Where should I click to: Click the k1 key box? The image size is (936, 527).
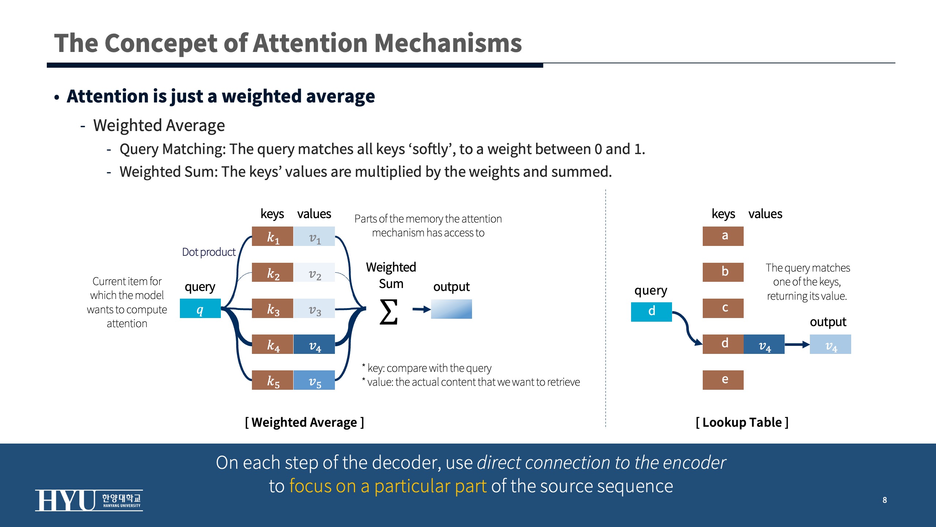272,236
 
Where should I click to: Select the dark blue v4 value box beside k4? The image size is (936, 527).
314,344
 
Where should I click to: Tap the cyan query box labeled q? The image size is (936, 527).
200,309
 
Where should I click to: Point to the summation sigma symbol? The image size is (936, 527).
388,312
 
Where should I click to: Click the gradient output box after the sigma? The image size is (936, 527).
451,309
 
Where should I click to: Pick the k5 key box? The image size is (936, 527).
272,380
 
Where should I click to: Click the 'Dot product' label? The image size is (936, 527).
209,252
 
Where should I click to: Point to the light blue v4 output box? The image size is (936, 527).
830,344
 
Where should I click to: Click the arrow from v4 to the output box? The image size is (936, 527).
797,344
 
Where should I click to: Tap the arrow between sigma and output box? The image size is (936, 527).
421,310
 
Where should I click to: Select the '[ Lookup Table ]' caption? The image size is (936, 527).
742,422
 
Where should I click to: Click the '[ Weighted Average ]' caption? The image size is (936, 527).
304,422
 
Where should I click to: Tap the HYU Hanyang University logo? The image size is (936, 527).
89,500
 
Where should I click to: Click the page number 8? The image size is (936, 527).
884,500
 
